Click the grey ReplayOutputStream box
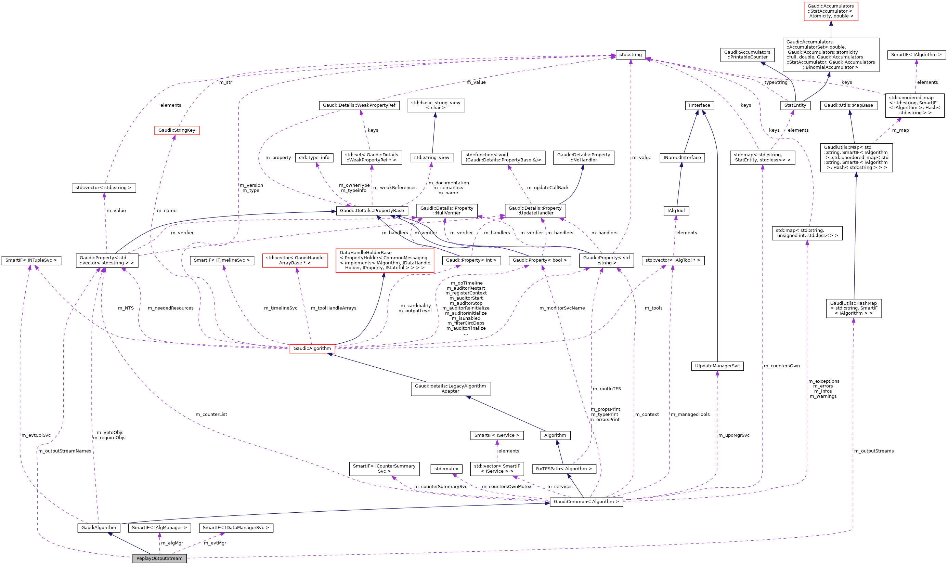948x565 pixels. tap(159, 558)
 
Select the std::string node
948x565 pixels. tap(631, 54)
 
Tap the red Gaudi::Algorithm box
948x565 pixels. tap(312, 349)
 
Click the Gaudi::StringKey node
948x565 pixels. tap(177, 130)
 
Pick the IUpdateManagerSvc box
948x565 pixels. tap(717, 366)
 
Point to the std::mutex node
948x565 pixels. tap(446, 469)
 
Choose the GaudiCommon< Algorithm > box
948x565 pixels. tap(586, 501)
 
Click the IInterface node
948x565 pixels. tap(699, 105)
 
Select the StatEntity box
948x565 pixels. tap(795, 105)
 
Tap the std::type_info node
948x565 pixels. tap(314, 157)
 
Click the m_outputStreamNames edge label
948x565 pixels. tap(65, 451)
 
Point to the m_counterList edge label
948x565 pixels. tap(211, 414)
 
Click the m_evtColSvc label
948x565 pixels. tap(36, 435)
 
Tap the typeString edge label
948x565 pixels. tap(776, 82)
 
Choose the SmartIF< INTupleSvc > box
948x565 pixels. tap(31, 260)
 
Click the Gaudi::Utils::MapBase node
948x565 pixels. tap(849, 105)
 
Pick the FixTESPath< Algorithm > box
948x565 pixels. tap(564, 469)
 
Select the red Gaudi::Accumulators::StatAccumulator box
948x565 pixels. tap(831, 11)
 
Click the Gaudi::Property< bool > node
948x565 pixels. tap(540, 260)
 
